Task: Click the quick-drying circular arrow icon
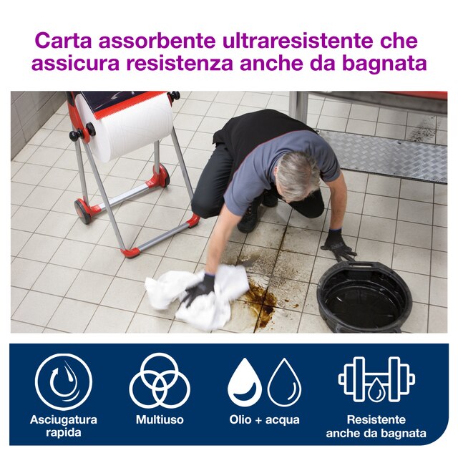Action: coord(64,381)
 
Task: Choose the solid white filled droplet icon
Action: coord(245,382)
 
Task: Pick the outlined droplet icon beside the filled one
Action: coord(284,382)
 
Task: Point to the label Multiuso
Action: coord(160,420)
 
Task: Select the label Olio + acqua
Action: coord(264,420)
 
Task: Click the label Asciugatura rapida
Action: coord(64,427)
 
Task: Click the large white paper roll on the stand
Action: coord(124,127)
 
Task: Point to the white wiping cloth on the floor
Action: coord(195,297)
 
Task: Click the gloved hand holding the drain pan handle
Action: coord(338,245)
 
